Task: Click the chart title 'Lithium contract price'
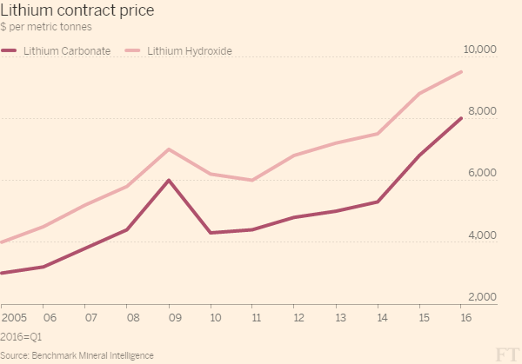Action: (x=77, y=11)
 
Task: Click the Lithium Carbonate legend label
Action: (x=68, y=51)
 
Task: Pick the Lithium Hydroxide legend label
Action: (x=189, y=51)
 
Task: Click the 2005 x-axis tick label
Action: (x=13, y=318)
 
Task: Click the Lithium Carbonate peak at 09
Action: (x=168, y=180)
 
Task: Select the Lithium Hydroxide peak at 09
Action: (x=168, y=149)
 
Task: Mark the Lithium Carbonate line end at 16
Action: (x=460, y=118)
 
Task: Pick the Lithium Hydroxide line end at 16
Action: (x=460, y=72)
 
